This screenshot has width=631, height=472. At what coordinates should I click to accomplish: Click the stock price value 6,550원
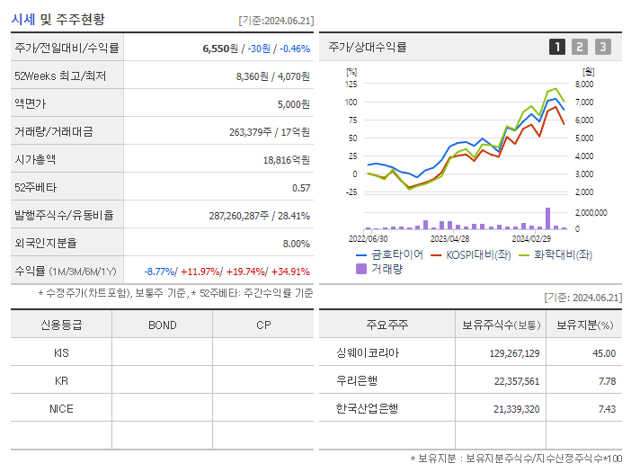221,49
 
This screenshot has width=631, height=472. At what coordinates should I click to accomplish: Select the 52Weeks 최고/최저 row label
60,76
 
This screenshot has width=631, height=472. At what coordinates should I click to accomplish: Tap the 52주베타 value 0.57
301,188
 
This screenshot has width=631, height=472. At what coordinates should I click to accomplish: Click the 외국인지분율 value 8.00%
296,244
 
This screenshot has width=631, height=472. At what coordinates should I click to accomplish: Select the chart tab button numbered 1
557,47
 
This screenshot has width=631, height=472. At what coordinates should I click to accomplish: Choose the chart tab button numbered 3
602,47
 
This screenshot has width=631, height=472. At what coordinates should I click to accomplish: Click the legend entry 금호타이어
396,254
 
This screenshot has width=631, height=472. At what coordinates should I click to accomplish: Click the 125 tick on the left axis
351,84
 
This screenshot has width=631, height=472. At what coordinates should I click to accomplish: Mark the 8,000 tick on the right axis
583,84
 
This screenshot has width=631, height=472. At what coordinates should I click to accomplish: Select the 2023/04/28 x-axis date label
449,238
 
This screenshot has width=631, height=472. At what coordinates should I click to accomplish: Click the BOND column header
162,325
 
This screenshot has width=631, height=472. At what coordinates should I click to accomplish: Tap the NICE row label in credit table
61,408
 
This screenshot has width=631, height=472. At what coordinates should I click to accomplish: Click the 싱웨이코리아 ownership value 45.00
604,353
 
